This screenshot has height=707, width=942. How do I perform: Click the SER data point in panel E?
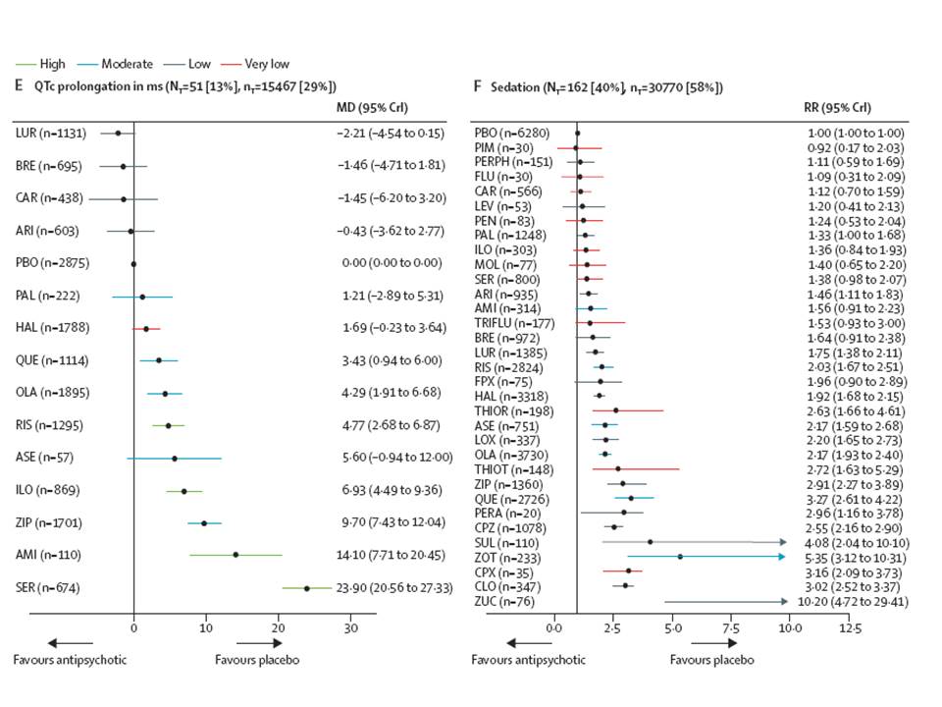307,588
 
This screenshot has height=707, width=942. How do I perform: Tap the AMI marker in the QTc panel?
235,555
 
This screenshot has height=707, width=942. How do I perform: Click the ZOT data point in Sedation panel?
680,557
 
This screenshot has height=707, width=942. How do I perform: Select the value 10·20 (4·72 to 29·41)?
850,601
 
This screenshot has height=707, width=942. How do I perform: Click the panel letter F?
477,86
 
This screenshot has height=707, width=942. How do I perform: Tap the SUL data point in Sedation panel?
651,542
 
